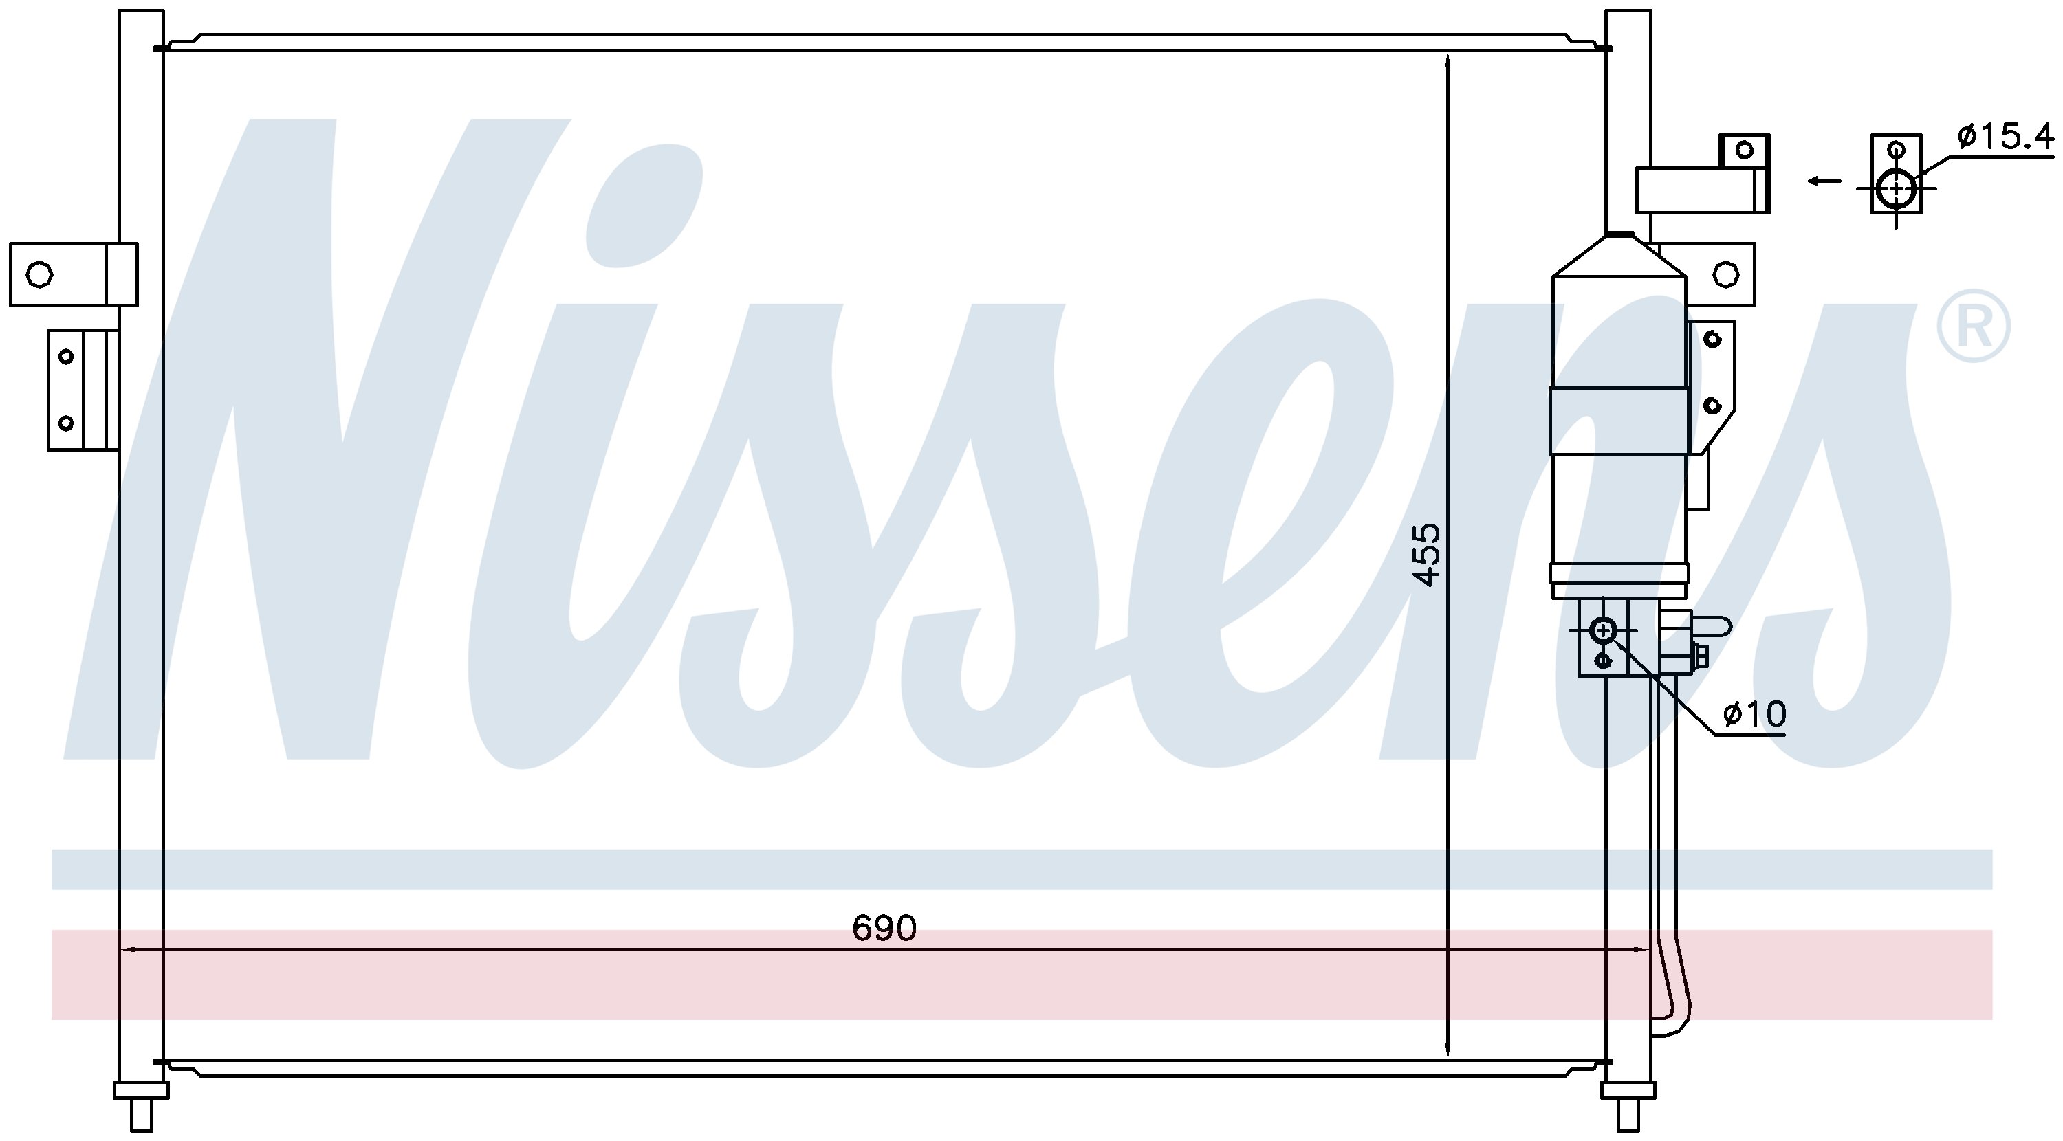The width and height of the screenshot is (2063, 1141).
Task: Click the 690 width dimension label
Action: point(884,928)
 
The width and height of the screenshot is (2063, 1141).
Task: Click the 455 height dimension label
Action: point(1426,555)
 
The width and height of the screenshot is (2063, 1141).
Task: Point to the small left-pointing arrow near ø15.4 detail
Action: point(1824,180)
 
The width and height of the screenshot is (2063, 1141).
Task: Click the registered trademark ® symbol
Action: point(1974,326)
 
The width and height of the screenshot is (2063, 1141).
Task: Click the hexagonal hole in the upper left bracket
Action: point(39,275)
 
